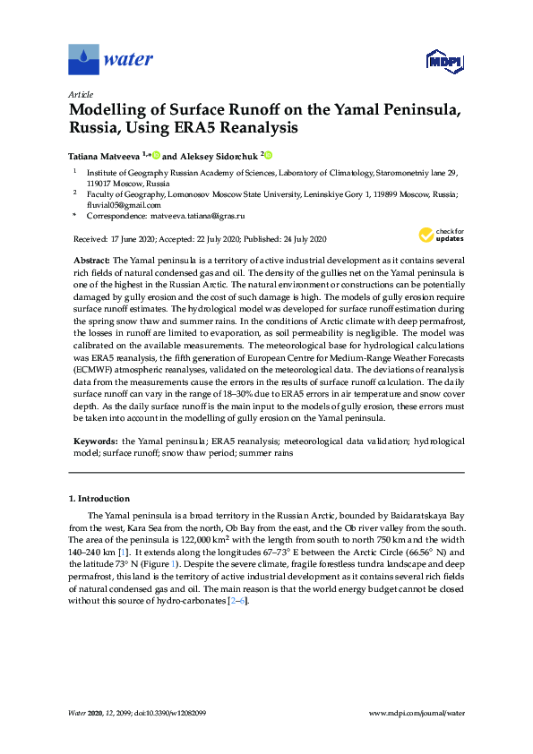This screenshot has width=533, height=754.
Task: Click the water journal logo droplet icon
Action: pos(83,60)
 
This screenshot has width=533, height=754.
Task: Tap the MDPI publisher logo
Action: pos(443,61)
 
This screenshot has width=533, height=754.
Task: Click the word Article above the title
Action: pos(81,94)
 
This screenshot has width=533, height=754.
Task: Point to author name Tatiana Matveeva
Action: pos(106,154)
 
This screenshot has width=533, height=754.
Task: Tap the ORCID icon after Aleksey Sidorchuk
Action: pos(267,154)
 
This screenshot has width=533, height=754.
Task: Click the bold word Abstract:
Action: pos(90,258)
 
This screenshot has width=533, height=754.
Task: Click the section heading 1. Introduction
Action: pos(99,498)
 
